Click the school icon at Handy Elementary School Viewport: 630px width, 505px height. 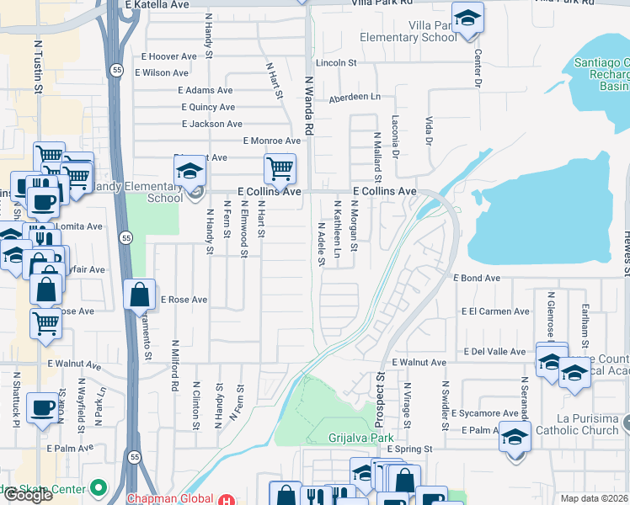[x=190, y=172]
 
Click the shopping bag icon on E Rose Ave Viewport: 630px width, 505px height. [x=140, y=295]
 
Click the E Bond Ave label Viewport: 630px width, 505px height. [x=477, y=278]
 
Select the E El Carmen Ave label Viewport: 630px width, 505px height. [x=495, y=311]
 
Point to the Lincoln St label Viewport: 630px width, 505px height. [x=336, y=63]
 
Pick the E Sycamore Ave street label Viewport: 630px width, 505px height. [x=484, y=413]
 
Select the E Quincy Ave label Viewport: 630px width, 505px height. [x=208, y=107]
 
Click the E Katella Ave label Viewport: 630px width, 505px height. [x=157, y=4]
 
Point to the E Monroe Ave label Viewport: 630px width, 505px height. [x=271, y=141]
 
